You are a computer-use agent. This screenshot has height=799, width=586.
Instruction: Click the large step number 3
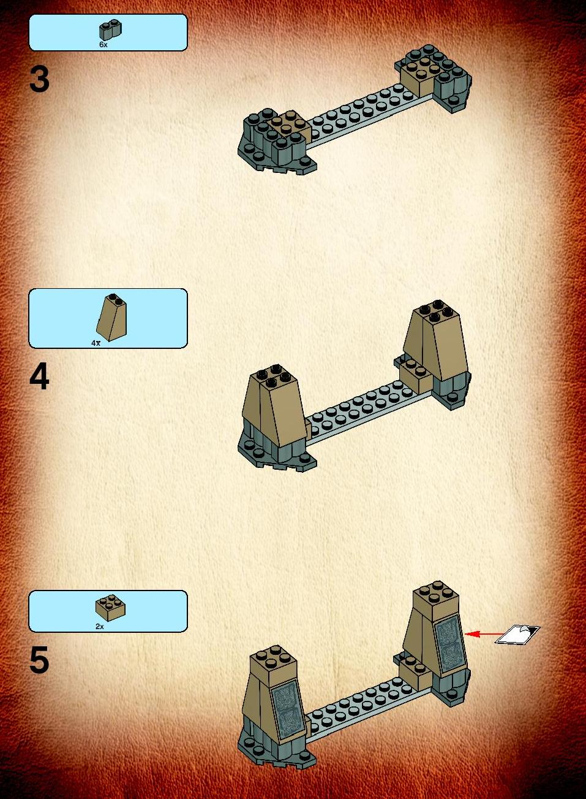tap(39, 80)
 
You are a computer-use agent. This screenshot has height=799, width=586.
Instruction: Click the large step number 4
tap(39, 377)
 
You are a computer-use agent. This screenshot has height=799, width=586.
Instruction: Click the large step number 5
tap(39, 660)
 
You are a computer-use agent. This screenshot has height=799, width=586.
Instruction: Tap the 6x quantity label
tap(103, 45)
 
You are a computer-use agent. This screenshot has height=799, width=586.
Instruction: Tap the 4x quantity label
tap(96, 343)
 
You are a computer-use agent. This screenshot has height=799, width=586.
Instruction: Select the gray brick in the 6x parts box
tap(110, 29)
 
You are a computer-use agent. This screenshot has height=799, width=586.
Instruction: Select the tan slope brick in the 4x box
tap(111, 318)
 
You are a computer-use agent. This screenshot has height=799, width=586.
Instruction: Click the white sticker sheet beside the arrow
tap(517, 634)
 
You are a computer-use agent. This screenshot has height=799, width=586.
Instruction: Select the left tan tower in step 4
tap(274, 407)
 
